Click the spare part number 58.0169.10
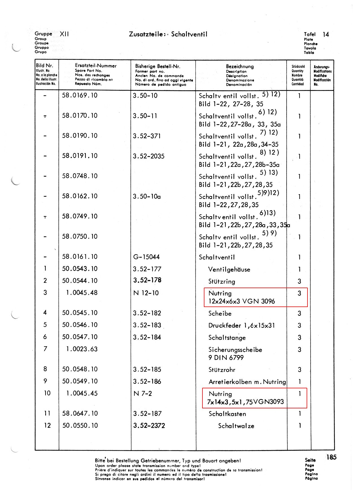tap(80, 95)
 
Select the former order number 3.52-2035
tap(149, 156)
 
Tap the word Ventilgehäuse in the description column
tap(229, 269)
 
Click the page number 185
tap(331, 457)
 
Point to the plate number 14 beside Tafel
tap(326, 34)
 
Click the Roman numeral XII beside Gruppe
tap(64, 34)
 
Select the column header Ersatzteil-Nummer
tap(96, 66)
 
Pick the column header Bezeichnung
tap(240, 66)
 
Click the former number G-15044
tap(146, 257)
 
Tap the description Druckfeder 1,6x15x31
tap(241, 325)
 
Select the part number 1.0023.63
tap(82, 349)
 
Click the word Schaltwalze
tap(236, 426)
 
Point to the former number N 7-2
tap(142, 393)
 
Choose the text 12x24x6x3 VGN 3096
tap(241, 301)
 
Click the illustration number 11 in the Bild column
tap(47, 413)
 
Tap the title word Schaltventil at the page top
tap(189, 34)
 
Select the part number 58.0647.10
tap(80, 413)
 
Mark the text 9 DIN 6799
tap(226, 358)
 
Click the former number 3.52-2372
tap(149, 426)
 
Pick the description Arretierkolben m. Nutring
tap(247, 382)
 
